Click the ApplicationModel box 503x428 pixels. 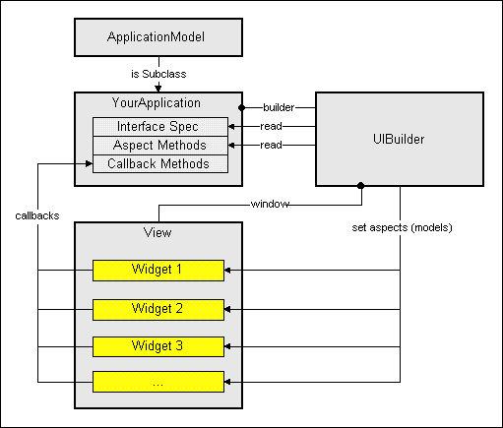[158, 37]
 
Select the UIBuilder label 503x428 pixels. [399, 140]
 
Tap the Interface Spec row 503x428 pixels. [160, 127]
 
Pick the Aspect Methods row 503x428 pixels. [160, 146]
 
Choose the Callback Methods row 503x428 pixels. [160, 164]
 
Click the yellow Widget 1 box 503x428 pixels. [158, 271]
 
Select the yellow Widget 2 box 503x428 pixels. [158, 310]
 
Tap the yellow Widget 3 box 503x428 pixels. [158, 347]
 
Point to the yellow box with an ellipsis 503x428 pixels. [158, 382]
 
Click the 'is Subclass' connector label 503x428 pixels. [158, 74]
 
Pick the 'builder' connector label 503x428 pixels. [279, 107]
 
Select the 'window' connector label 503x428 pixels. [270, 204]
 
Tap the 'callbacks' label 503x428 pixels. [37, 215]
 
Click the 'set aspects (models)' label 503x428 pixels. [402, 227]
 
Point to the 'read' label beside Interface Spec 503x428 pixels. [271, 126]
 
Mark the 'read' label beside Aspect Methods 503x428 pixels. [271, 145]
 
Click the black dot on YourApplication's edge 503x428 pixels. [242, 107]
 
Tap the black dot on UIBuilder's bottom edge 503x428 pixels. [360, 186]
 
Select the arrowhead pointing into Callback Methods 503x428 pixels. [89, 163]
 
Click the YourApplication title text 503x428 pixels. [157, 103]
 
